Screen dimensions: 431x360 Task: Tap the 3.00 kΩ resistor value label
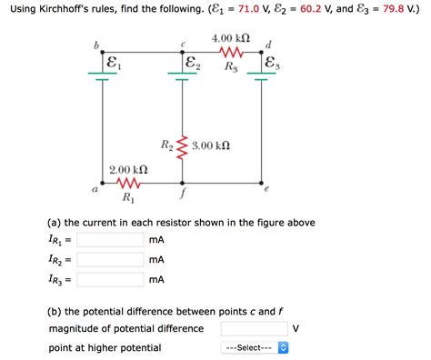coord(211,145)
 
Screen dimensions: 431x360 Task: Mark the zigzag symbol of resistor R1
coord(127,183)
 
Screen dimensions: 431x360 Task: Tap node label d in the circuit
coord(266,44)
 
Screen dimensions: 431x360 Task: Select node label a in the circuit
coord(94,190)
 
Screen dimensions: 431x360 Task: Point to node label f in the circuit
coord(183,194)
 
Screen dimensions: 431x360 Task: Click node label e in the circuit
coord(266,190)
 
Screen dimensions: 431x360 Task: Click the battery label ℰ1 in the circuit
coord(112,65)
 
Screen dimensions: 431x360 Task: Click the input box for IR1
coord(110,240)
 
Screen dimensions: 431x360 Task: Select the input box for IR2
coord(110,260)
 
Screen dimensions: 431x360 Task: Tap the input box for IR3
coord(110,281)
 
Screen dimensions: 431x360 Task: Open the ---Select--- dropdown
coord(255,348)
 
